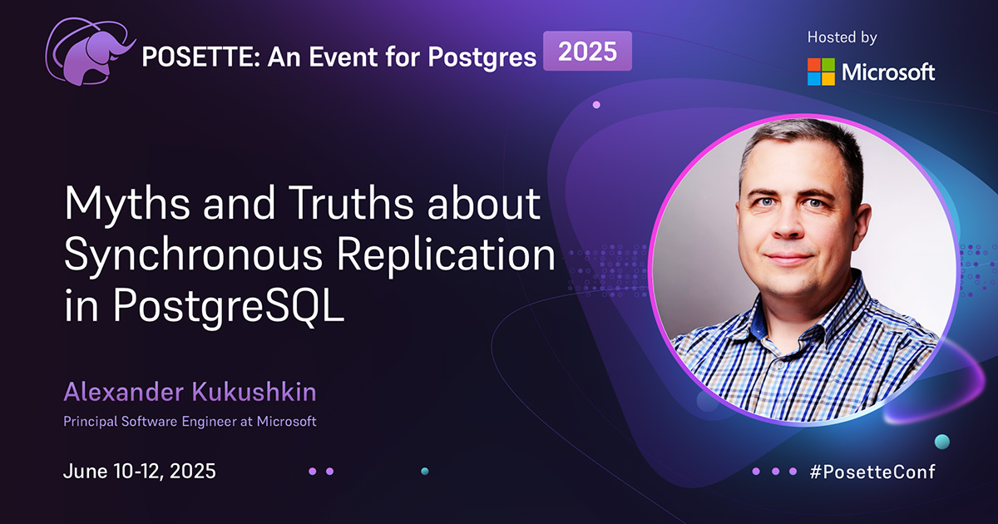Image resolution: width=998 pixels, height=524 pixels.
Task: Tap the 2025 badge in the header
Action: coord(587,52)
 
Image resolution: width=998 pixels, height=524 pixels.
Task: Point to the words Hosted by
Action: coord(842,37)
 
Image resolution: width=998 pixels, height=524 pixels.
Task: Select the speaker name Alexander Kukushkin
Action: coord(190,392)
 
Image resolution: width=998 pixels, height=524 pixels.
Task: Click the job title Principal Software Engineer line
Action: coord(190,422)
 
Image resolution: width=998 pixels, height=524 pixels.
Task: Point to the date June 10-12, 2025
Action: coord(140,472)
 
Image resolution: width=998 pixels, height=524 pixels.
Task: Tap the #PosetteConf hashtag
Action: coord(872,472)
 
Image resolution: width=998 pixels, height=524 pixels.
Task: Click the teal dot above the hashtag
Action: coord(941,440)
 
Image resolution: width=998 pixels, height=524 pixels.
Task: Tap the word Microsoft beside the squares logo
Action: coord(888,72)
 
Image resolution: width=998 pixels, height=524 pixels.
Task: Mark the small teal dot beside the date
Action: coord(425,472)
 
